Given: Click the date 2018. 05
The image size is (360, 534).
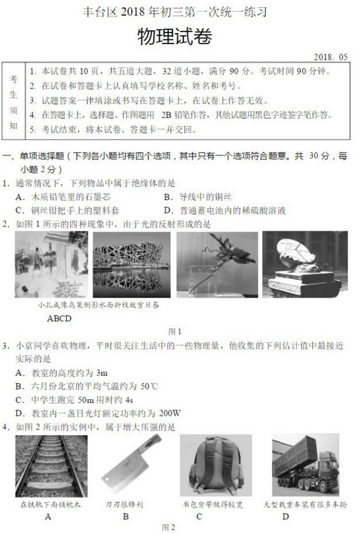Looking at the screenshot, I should [330, 58].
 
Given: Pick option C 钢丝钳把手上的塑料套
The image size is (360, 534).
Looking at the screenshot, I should [71, 210].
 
